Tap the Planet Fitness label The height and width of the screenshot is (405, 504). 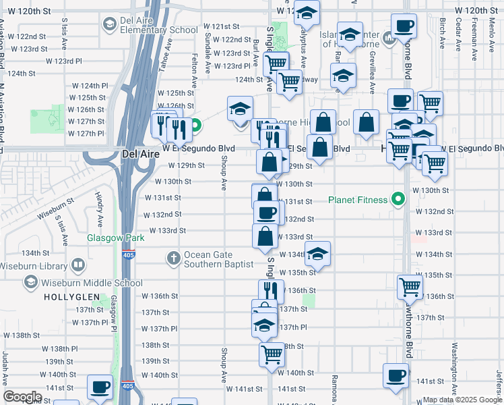(358, 200)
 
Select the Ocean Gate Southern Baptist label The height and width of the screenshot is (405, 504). (220, 259)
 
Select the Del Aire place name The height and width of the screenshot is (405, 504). (140, 154)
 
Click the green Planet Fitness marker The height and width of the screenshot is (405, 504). (398, 200)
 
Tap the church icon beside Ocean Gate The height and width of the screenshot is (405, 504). (174, 258)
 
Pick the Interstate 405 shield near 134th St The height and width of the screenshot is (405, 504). (128, 255)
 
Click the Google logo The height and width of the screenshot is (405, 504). (23, 397)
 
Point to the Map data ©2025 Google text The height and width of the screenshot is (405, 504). (462, 400)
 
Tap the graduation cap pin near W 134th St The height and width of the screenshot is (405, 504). (318, 254)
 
